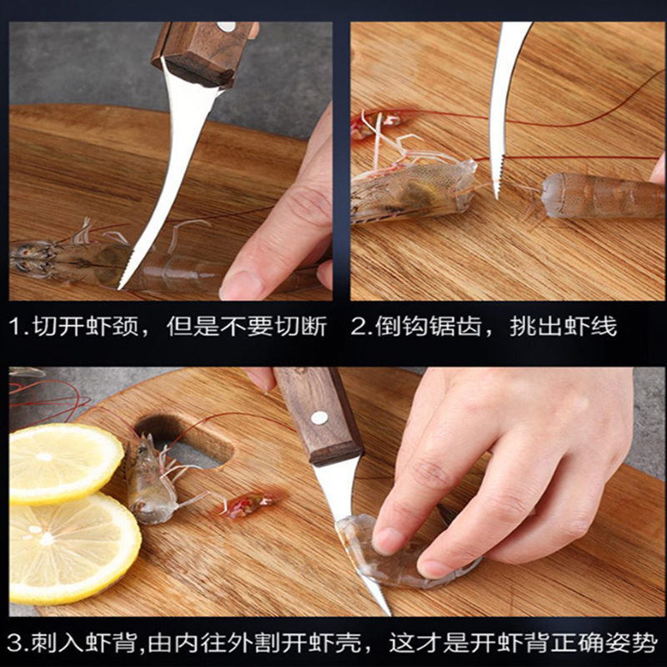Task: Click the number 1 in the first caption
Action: click(16, 325)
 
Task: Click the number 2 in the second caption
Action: click(359, 325)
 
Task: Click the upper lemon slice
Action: click(63, 463)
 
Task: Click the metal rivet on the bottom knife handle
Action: click(318, 418)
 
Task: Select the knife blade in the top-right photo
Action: click(502, 100)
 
